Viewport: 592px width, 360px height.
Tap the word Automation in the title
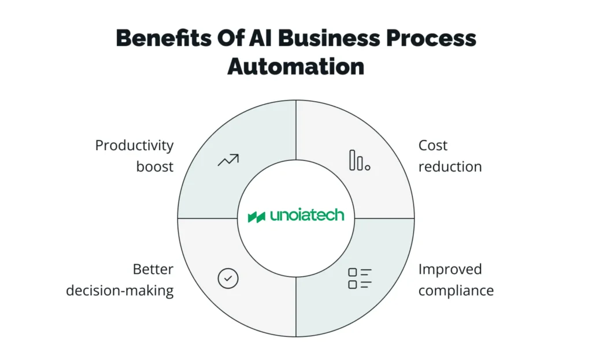(295, 66)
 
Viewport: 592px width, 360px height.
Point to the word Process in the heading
(431, 38)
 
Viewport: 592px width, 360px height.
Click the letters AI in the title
(249, 38)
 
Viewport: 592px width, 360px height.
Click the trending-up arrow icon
(228, 160)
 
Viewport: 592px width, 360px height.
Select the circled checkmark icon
(228, 279)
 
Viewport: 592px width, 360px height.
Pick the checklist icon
(360, 279)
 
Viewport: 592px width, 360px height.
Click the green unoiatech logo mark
(256, 217)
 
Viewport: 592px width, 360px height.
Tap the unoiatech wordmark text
(306, 216)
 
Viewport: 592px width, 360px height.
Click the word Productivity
(134, 146)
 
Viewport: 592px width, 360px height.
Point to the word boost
(155, 167)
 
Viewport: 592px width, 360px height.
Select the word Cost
(433, 146)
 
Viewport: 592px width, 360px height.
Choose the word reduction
(450, 167)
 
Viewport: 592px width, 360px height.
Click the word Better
(153, 269)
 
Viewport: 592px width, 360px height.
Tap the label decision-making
(120, 290)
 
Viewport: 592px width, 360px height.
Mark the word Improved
(450, 269)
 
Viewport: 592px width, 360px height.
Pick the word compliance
(456, 290)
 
